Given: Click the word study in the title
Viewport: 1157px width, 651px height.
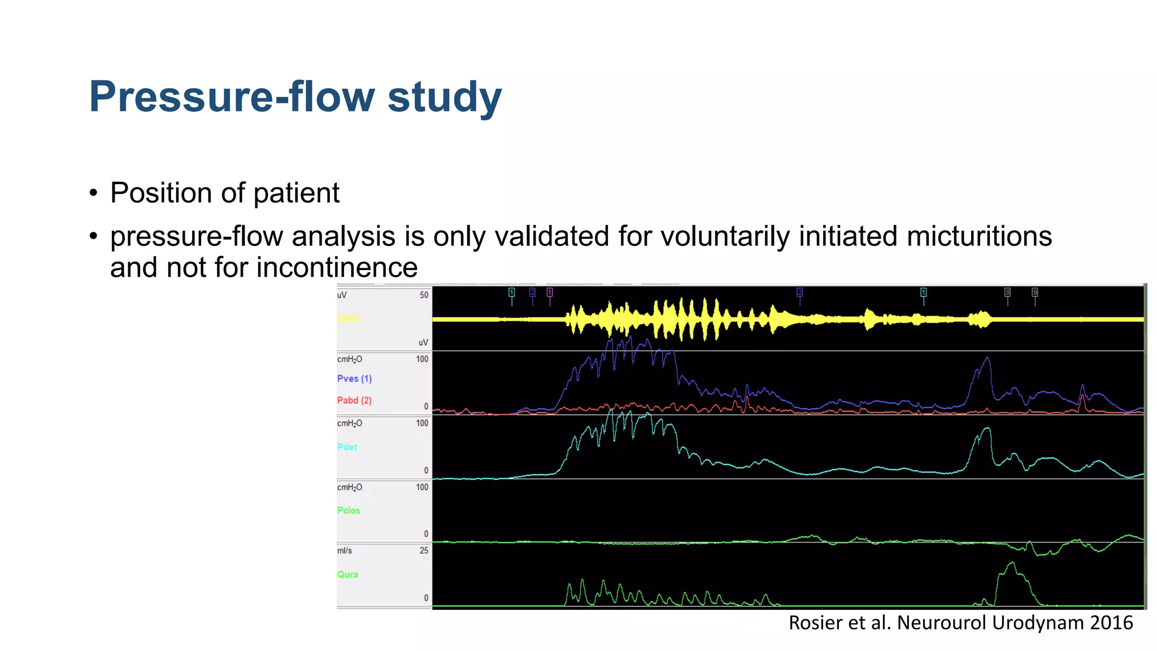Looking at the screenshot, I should (445, 97).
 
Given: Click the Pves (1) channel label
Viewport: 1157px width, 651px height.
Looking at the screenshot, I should (354, 379).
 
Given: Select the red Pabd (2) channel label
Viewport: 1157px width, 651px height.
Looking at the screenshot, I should (354, 400).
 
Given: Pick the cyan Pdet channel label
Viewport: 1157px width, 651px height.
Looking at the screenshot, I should (347, 447).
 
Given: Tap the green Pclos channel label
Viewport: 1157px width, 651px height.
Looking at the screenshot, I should (349, 510).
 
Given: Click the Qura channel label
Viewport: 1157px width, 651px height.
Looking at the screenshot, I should (347, 574).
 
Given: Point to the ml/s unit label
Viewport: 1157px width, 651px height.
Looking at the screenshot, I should (344, 550).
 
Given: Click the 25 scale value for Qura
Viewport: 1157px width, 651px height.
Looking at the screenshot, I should (424, 550).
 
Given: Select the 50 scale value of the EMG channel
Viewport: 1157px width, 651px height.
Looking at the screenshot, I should (424, 295).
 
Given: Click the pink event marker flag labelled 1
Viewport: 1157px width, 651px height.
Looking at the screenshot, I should (550, 292).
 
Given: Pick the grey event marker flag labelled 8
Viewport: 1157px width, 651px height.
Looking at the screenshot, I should (1007, 292).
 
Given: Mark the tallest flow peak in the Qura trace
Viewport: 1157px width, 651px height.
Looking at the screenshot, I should (1012, 563).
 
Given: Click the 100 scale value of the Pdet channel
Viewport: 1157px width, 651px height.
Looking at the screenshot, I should (422, 423).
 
